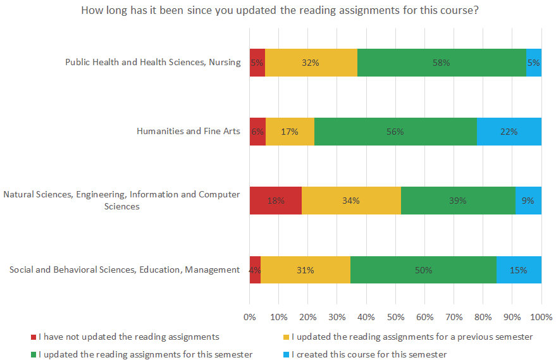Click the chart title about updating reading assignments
[x=279, y=11]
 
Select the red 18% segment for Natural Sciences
[x=275, y=201]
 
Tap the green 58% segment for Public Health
[x=442, y=63]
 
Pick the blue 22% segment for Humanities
[x=509, y=132]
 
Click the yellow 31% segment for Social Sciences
[x=306, y=270]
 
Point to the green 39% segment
[x=458, y=201]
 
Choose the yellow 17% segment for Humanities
[x=290, y=132]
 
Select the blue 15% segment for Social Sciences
[x=519, y=270]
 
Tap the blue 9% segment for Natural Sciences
[x=528, y=201]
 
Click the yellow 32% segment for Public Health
[x=311, y=63]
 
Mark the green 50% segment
[x=423, y=270]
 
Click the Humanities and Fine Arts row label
[x=188, y=132]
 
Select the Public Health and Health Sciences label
[x=153, y=62]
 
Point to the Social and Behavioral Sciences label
[x=125, y=270]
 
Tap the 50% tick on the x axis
[x=395, y=316]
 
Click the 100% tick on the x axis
[x=541, y=316]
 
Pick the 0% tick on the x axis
[x=250, y=316]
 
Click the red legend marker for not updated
[x=33, y=337]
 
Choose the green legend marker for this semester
[x=33, y=354]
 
